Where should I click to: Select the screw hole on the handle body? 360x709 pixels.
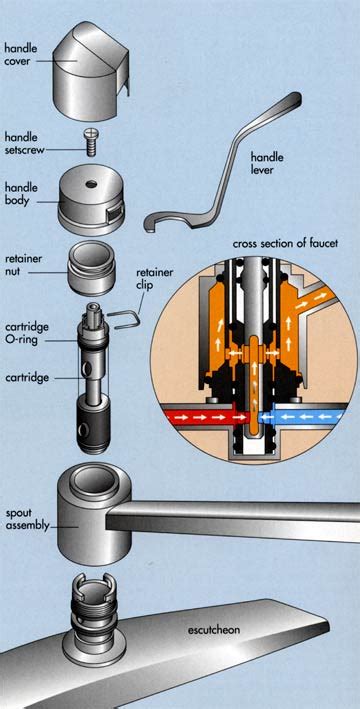tap(92, 184)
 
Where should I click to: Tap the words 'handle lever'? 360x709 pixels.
tap(267, 164)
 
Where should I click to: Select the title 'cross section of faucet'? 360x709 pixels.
tap(285, 244)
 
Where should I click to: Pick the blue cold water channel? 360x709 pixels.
tap(308, 416)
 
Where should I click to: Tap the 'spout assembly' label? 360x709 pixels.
tap(26, 520)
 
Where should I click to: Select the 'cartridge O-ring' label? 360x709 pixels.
tap(27, 333)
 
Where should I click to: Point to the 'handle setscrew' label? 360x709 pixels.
tap(25, 143)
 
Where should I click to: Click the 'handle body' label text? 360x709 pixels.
tap(21, 194)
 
